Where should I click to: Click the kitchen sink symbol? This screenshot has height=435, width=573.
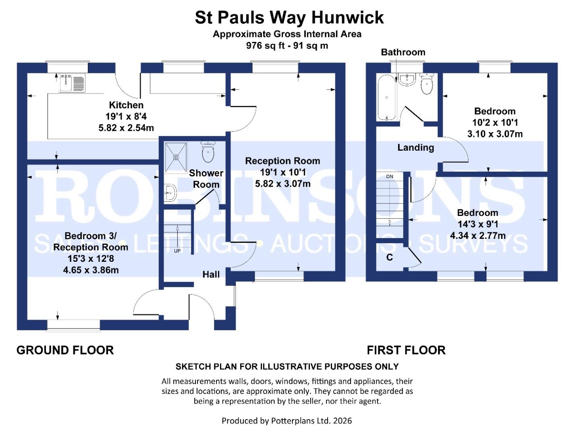click(x=72, y=83)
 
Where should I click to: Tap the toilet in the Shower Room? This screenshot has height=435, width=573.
click(x=208, y=152)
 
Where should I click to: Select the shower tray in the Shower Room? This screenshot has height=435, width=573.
click(x=176, y=157)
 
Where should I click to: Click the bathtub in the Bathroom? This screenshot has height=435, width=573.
click(x=387, y=97)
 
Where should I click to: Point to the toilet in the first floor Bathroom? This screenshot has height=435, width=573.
click(x=426, y=84)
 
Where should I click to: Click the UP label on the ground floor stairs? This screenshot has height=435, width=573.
click(x=177, y=251)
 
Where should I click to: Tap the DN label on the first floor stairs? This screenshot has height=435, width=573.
click(x=389, y=176)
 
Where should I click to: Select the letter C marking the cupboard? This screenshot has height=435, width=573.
click(x=389, y=257)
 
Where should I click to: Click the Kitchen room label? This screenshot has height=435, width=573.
click(x=126, y=105)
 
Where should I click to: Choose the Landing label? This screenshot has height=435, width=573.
click(x=415, y=147)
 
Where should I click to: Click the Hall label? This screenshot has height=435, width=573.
click(x=211, y=274)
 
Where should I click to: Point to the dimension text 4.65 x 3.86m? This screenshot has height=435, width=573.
click(x=91, y=270)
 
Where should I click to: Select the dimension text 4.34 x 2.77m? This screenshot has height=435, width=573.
click(x=477, y=236)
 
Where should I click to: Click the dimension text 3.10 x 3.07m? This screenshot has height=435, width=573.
click(x=494, y=134)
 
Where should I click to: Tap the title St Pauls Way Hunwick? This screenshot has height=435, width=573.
click(x=289, y=18)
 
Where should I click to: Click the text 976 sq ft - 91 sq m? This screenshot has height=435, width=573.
click(x=287, y=46)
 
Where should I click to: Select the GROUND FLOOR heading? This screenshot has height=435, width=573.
click(x=65, y=350)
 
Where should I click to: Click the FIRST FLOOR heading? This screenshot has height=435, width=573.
click(x=406, y=350)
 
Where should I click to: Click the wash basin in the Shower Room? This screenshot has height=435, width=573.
click(x=170, y=193)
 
